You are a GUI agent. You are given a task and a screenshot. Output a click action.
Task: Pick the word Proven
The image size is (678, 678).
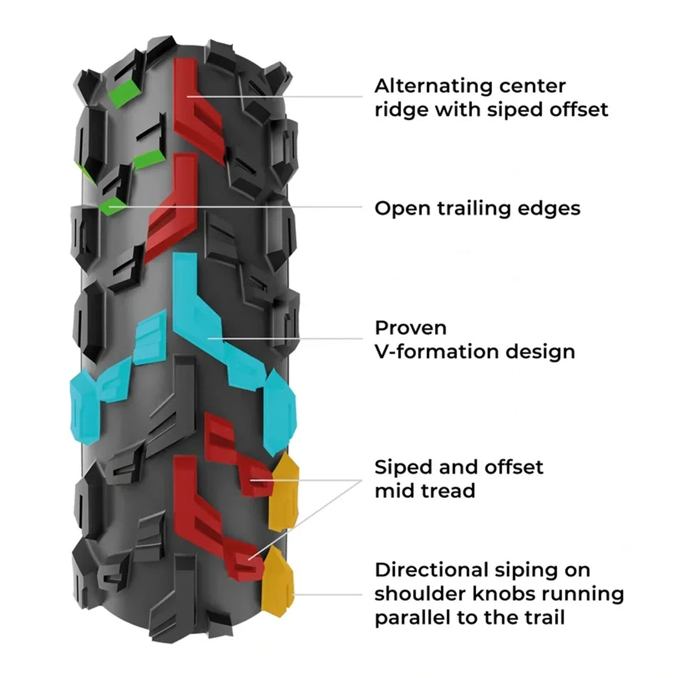click(x=411, y=328)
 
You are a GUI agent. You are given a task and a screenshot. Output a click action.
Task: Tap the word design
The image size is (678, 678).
click(x=540, y=351)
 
